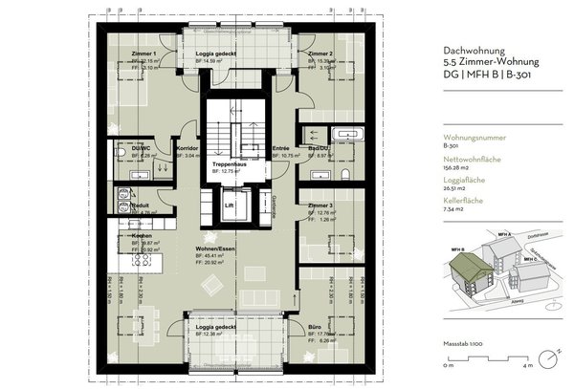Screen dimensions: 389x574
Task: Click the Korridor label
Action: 188,148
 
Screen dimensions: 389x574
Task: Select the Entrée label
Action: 280,148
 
